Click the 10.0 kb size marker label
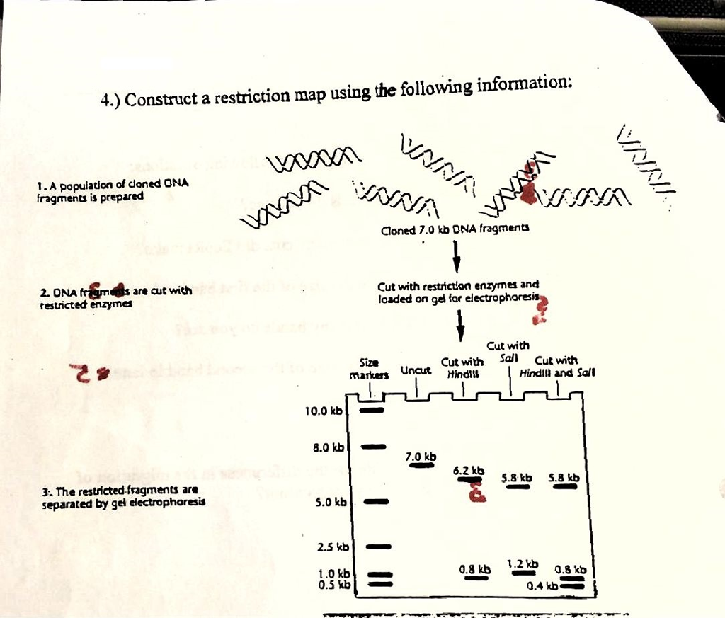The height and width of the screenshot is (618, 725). tap(323, 411)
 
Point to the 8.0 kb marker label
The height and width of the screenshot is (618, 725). tap(327, 447)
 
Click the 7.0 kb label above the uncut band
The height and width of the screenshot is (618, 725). tap(421, 456)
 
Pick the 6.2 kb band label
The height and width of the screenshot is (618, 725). tap(469, 470)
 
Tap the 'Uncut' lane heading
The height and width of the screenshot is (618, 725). tap(416, 370)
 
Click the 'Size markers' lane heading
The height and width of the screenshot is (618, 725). tap(370, 368)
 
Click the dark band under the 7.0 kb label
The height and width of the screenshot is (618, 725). tap(421, 465)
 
